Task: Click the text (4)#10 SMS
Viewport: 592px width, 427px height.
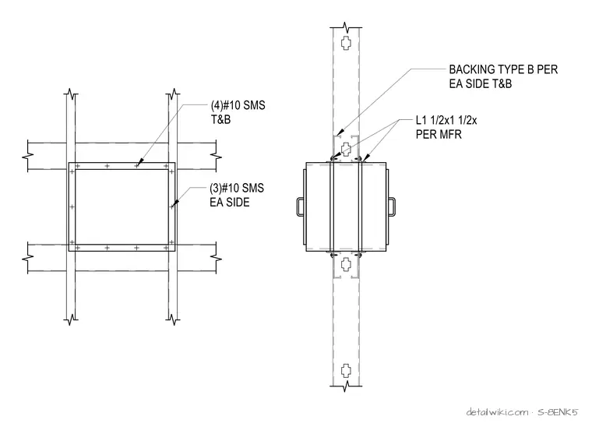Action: click(238, 105)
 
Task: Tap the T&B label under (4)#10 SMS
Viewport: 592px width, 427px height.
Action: click(220, 120)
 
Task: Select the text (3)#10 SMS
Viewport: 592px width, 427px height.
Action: click(237, 188)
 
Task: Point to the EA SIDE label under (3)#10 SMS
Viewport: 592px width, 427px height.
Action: click(230, 203)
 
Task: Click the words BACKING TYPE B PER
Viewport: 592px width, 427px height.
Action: click(503, 69)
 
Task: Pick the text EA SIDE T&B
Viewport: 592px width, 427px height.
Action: click(481, 83)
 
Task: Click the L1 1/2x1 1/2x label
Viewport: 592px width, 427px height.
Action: click(446, 120)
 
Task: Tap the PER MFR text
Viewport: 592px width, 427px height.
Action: click(439, 134)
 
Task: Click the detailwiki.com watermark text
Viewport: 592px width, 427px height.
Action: click(497, 412)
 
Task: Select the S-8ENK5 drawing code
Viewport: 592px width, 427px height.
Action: click(558, 412)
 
